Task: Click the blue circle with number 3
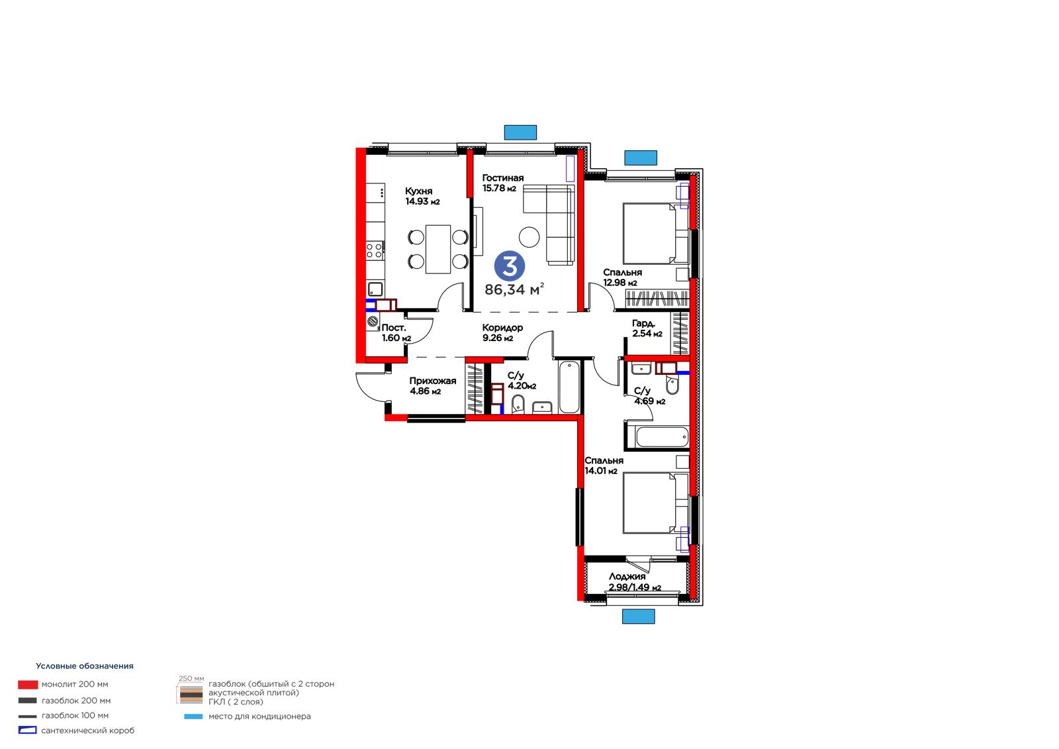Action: click(509, 266)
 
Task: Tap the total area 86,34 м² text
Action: click(514, 289)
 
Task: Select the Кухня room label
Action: click(418, 191)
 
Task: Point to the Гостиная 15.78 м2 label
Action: click(502, 183)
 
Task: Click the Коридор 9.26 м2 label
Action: click(502, 332)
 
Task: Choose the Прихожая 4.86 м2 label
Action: click(433, 386)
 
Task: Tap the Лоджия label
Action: click(627, 576)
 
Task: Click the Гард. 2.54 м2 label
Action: click(647, 328)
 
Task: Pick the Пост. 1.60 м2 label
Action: click(396, 333)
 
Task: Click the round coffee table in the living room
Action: click(529, 237)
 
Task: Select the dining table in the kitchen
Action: click(437, 249)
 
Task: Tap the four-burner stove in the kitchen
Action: click(375, 250)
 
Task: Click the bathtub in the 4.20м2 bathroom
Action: click(569, 387)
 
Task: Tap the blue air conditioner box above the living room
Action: click(520, 132)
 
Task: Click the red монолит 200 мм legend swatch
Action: click(28, 685)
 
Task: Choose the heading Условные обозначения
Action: click(85, 666)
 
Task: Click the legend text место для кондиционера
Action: click(259, 717)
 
